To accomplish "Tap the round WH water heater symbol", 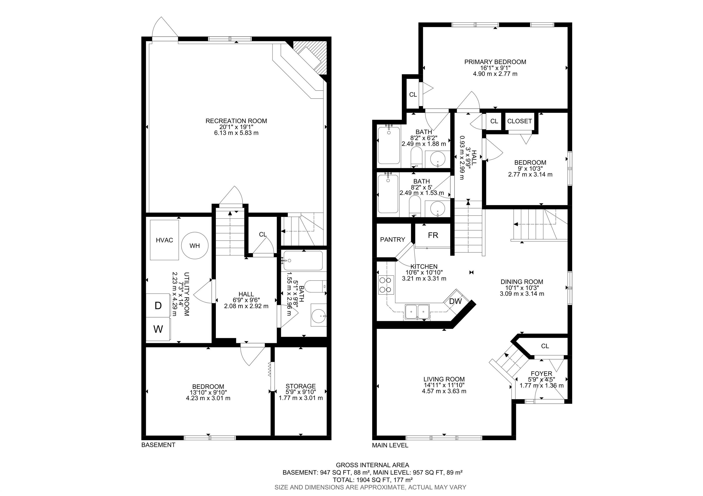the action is click(195, 245).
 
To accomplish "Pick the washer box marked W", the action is click(158, 329).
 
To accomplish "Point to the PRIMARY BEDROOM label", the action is click(495, 62).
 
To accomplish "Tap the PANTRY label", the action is click(392, 240).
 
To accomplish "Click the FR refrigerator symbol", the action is click(433, 235).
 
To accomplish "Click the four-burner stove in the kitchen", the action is click(386, 285).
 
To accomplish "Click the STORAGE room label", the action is click(300, 386).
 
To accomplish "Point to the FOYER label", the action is click(541, 373).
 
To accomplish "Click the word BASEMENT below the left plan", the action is click(158, 445).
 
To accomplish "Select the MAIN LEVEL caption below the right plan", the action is click(390, 445).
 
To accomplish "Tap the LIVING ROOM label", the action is click(444, 379).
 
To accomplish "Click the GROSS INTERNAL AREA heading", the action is click(372, 465).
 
